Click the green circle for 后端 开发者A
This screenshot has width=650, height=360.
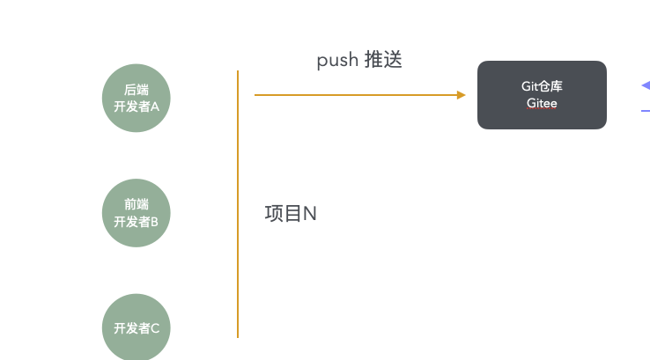(x=136, y=99)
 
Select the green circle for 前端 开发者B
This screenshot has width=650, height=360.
(x=136, y=213)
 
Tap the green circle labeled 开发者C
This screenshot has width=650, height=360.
(x=136, y=327)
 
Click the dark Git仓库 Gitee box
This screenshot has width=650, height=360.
(x=542, y=95)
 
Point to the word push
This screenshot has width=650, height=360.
(x=337, y=61)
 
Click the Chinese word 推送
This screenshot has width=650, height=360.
(x=383, y=59)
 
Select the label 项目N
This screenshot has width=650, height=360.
(x=291, y=214)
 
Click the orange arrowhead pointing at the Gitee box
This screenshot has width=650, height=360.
(x=461, y=95)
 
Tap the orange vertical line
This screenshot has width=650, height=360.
(x=238, y=204)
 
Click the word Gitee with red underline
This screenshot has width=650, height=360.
(x=542, y=103)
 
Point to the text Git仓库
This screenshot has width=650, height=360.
(x=542, y=86)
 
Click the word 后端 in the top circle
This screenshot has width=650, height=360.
(x=136, y=90)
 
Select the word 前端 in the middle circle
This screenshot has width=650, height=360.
(x=136, y=204)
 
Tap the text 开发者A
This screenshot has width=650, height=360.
(x=136, y=107)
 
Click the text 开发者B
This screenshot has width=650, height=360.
(x=136, y=222)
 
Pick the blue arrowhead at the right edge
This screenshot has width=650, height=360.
(x=646, y=85)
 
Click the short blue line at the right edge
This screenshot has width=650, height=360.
(x=646, y=111)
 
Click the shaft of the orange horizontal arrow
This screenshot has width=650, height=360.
(x=356, y=95)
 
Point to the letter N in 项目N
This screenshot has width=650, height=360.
(x=310, y=214)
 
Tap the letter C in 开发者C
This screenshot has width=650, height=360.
(x=155, y=328)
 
